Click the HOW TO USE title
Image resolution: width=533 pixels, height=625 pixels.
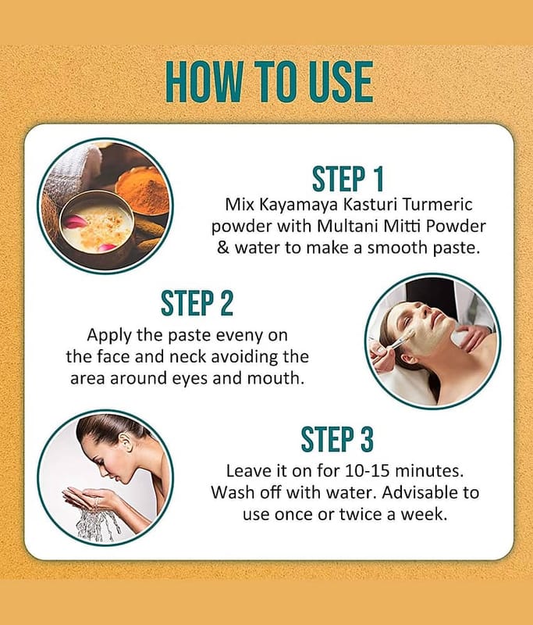click(x=269, y=82)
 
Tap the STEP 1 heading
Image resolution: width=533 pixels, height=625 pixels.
click(x=347, y=179)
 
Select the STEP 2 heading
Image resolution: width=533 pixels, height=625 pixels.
click(x=197, y=303)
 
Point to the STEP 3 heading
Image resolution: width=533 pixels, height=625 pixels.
click(x=337, y=439)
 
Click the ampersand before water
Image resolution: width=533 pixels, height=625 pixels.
click(x=223, y=248)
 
